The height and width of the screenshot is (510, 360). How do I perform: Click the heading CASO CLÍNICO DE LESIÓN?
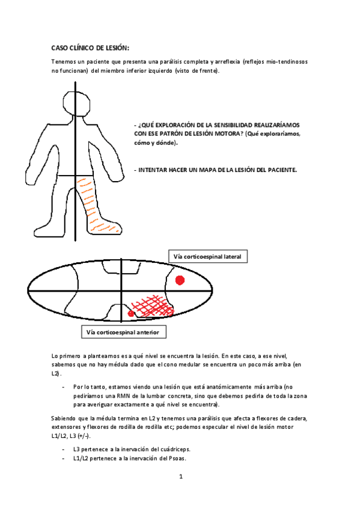pos(90,49)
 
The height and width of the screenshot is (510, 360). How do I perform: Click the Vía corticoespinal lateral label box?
pos(207,257)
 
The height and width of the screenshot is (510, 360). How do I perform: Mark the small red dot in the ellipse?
pos(130,313)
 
